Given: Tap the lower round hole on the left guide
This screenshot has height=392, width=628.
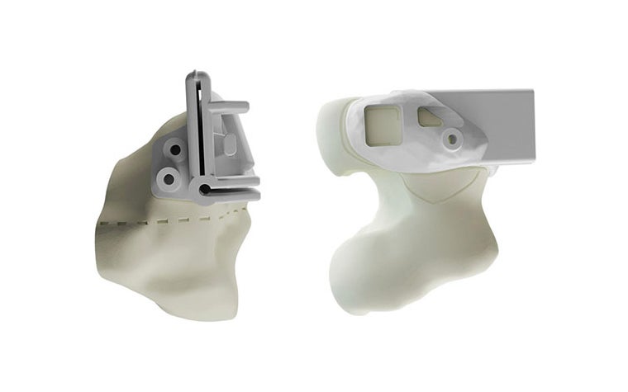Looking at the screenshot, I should pyautogui.click(x=169, y=177).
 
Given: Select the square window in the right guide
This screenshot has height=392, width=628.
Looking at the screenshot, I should pyautogui.click(x=383, y=125).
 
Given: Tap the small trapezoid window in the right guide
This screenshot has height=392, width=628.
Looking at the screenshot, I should pyautogui.click(x=431, y=118).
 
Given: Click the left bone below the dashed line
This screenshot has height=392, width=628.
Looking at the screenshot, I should pyautogui.click(x=165, y=264).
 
